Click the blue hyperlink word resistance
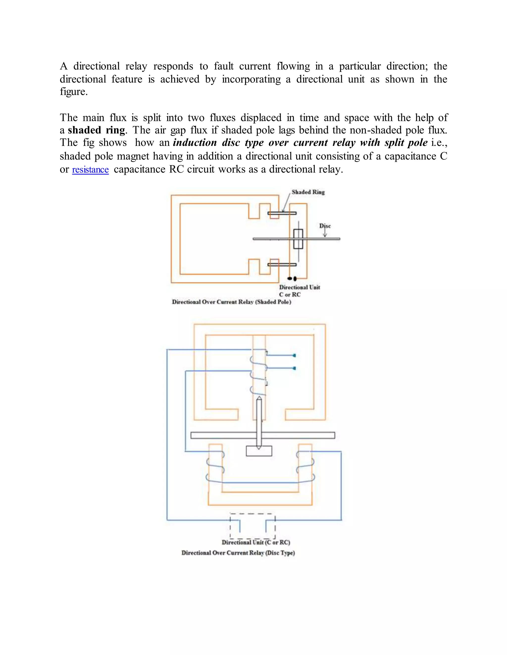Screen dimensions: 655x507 [90, 170]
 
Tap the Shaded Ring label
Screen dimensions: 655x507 [308, 192]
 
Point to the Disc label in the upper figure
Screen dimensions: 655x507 [325, 226]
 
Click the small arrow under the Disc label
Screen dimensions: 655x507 [325, 233]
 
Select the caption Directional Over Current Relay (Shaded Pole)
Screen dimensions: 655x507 [231, 302]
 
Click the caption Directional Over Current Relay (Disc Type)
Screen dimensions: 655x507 [238, 553]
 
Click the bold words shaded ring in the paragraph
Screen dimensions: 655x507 [96, 130]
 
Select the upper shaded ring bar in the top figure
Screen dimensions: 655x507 [282, 213]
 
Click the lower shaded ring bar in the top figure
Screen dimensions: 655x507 [282, 264]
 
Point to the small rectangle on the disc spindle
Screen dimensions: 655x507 [298, 239]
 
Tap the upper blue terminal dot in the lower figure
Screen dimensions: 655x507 [294, 355]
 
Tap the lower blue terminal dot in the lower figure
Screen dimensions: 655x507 [294, 368]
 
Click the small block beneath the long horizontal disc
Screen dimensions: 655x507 [259, 451]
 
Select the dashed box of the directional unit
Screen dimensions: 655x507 [252, 526]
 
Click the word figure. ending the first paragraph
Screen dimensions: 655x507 [74, 92]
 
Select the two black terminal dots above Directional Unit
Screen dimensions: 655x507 [292, 279]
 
